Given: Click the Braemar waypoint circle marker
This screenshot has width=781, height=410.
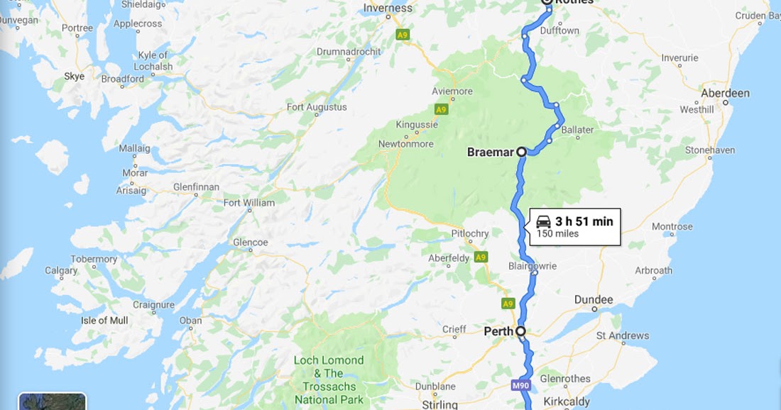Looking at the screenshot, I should point(520,152).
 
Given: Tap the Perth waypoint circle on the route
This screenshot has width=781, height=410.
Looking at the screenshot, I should point(520,331).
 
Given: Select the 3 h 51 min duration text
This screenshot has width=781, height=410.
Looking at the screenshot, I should point(584,221).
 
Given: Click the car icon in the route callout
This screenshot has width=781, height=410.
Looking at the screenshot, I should point(543,221).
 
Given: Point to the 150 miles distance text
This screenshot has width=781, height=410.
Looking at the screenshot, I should point(557,234).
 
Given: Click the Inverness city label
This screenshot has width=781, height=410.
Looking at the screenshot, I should point(387,9).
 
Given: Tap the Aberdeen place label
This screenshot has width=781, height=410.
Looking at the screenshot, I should point(725,94).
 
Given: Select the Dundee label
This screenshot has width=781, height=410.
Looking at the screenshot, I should point(593,300).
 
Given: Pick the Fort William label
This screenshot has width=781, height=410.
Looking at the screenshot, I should point(248,203).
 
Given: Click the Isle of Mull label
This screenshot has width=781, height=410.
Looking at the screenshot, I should point(104,321).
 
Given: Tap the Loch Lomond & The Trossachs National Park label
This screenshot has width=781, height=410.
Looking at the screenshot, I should point(329,380).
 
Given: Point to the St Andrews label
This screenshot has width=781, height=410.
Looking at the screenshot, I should point(623,336).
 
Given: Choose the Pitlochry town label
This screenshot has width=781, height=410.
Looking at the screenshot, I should point(470,234).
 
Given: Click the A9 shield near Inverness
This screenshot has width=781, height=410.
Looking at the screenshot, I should point(403,33).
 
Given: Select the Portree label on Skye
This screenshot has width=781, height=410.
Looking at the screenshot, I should point(77,28).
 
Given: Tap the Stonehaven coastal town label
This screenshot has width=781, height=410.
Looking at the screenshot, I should point(711,150).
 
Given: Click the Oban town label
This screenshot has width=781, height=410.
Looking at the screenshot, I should point(190,321).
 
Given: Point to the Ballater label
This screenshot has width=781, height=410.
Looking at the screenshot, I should point(577,131).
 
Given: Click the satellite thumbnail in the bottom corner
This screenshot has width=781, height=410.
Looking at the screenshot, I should point(52,401).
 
